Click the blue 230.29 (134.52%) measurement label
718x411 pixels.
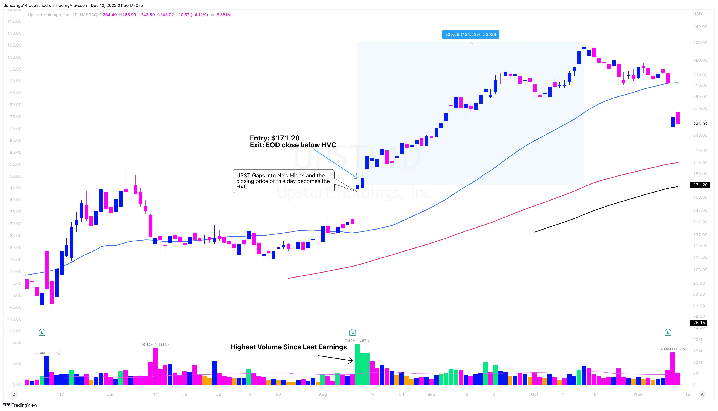[470, 34]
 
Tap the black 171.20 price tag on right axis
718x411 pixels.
[700, 185]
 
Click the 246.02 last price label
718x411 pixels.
[700, 124]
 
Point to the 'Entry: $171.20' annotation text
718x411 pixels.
[275, 138]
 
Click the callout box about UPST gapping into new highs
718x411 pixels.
[283, 181]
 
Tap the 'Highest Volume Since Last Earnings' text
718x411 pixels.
[288, 347]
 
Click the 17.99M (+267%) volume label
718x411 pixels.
[357, 340]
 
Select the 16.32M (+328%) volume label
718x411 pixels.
[155, 344]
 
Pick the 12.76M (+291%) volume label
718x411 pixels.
[46, 353]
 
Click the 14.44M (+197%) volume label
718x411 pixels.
[672, 349]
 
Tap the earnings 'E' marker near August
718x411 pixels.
[352, 332]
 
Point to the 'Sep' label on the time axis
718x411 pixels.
[431, 394]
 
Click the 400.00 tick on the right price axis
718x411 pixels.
[700, 43]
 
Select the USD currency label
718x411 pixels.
[697, 14]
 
